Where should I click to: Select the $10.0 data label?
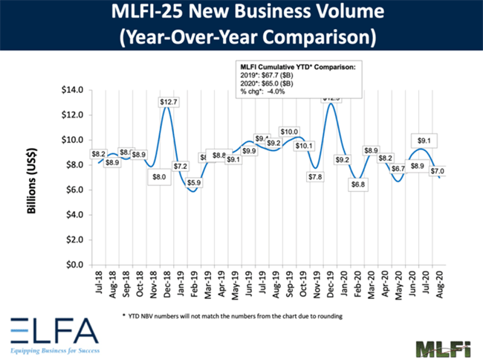290,132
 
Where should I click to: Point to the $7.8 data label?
317,177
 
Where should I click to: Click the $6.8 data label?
358,184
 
